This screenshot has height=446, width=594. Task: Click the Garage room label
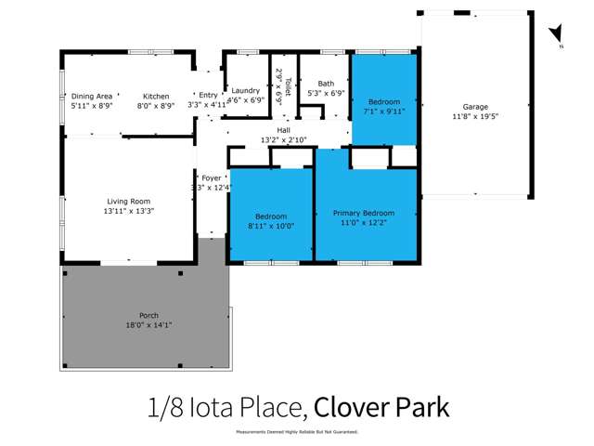coord(475,107)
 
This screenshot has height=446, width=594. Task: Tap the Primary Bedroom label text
coord(364,213)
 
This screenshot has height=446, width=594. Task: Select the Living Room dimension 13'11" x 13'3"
coord(129,211)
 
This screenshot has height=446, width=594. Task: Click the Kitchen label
coord(156,96)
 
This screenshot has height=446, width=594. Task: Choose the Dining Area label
coord(92,96)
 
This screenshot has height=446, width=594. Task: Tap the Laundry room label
coord(246,90)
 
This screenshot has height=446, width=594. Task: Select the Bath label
coord(326,83)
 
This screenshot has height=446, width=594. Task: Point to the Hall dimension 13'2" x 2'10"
coord(283,141)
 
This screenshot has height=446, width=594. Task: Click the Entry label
coord(207,96)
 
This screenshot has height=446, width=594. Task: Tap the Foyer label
coord(213,177)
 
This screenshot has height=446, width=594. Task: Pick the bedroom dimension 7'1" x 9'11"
coord(384,111)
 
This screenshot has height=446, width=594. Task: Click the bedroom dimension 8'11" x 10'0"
coord(271,226)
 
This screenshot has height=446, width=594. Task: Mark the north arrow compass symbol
coord(556,36)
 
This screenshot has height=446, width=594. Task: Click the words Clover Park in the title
coord(381,407)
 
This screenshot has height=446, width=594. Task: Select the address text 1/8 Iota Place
coord(226,407)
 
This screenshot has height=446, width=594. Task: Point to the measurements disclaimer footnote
coord(296,432)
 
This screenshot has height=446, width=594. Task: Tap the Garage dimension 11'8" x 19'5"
coord(475,117)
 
